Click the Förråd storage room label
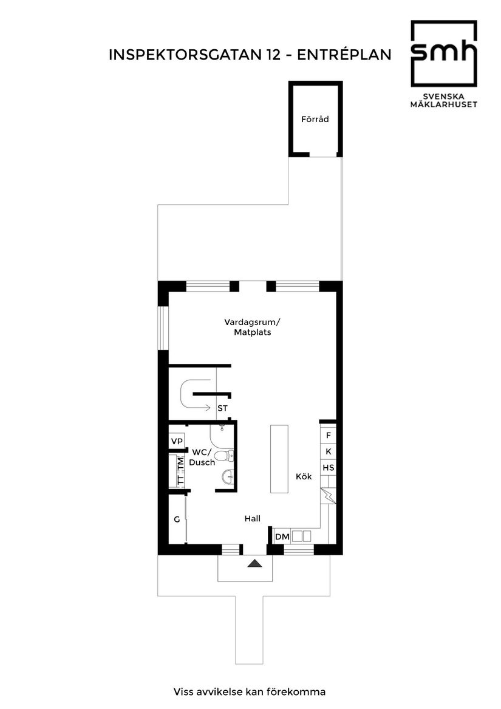(315, 119)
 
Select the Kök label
(304, 477)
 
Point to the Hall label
(253, 518)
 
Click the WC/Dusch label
(202, 457)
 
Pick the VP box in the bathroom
(177, 441)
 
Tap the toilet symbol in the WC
(224, 455)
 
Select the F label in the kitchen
(328, 435)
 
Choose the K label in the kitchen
(328, 451)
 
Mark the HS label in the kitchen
(328, 468)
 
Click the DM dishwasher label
(282, 536)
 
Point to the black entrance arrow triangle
(254, 563)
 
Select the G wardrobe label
(177, 519)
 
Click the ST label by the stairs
(223, 408)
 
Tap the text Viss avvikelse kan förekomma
(250, 691)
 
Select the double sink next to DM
(302, 536)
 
